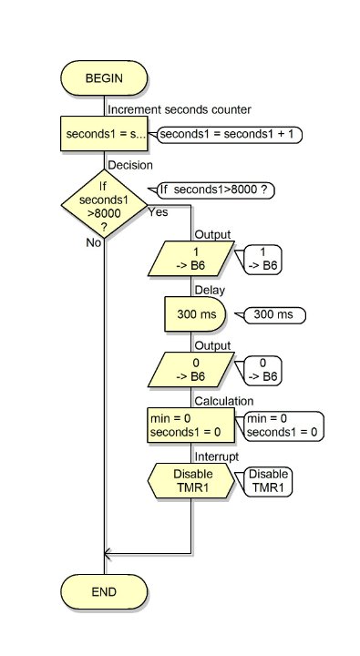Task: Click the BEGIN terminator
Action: point(104,78)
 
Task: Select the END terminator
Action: point(104,591)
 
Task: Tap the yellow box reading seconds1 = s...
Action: point(104,134)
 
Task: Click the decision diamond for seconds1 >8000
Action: point(104,204)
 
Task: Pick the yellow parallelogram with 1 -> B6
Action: point(191,259)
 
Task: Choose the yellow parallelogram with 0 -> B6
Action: point(191,369)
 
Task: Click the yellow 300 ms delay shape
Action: point(195,314)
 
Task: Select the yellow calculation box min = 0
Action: point(190,425)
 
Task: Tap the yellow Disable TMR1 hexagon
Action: point(191,481)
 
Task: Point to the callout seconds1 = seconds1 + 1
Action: point(230,135)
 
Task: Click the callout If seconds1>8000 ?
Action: point(216,190)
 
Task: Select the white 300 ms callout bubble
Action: point(275,314)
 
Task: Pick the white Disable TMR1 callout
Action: point(268,482)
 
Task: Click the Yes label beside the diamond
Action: point(158,212)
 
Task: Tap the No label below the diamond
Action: point(94,242)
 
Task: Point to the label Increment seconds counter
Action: point(180,109)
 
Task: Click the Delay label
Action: point(210,290)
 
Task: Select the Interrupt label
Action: point(217,456)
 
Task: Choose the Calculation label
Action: point(224,401)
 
